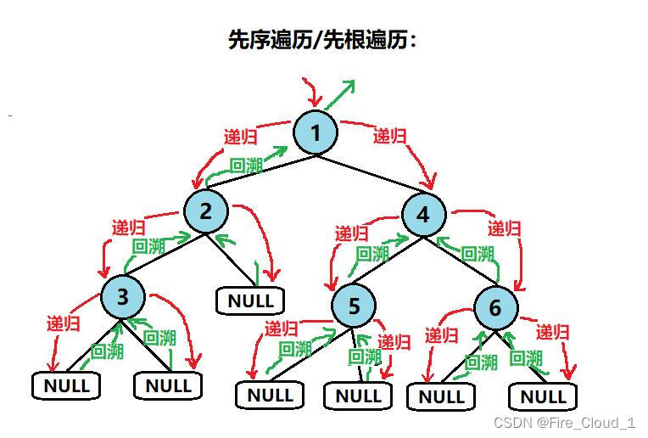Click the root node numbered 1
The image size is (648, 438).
coord(316,133)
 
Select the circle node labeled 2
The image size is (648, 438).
coord(205,211)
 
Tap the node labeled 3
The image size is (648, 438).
coord(123,297)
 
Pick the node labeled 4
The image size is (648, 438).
coord(423,215)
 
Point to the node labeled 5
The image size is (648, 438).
coord(354,306)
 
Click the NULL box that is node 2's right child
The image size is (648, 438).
coord(250,300)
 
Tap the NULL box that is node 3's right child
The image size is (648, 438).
coord(168,386)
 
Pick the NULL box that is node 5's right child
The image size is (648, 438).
coord(358,396)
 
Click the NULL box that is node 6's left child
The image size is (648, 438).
coord(441,396)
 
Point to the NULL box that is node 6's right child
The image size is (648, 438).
coord(542,396)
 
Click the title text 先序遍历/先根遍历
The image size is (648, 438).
coord(323,39)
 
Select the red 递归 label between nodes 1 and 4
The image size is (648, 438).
coord(389,136)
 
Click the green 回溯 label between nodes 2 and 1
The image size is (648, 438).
coord(246,166)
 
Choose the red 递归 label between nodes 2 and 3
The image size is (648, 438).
coord(128,228)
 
